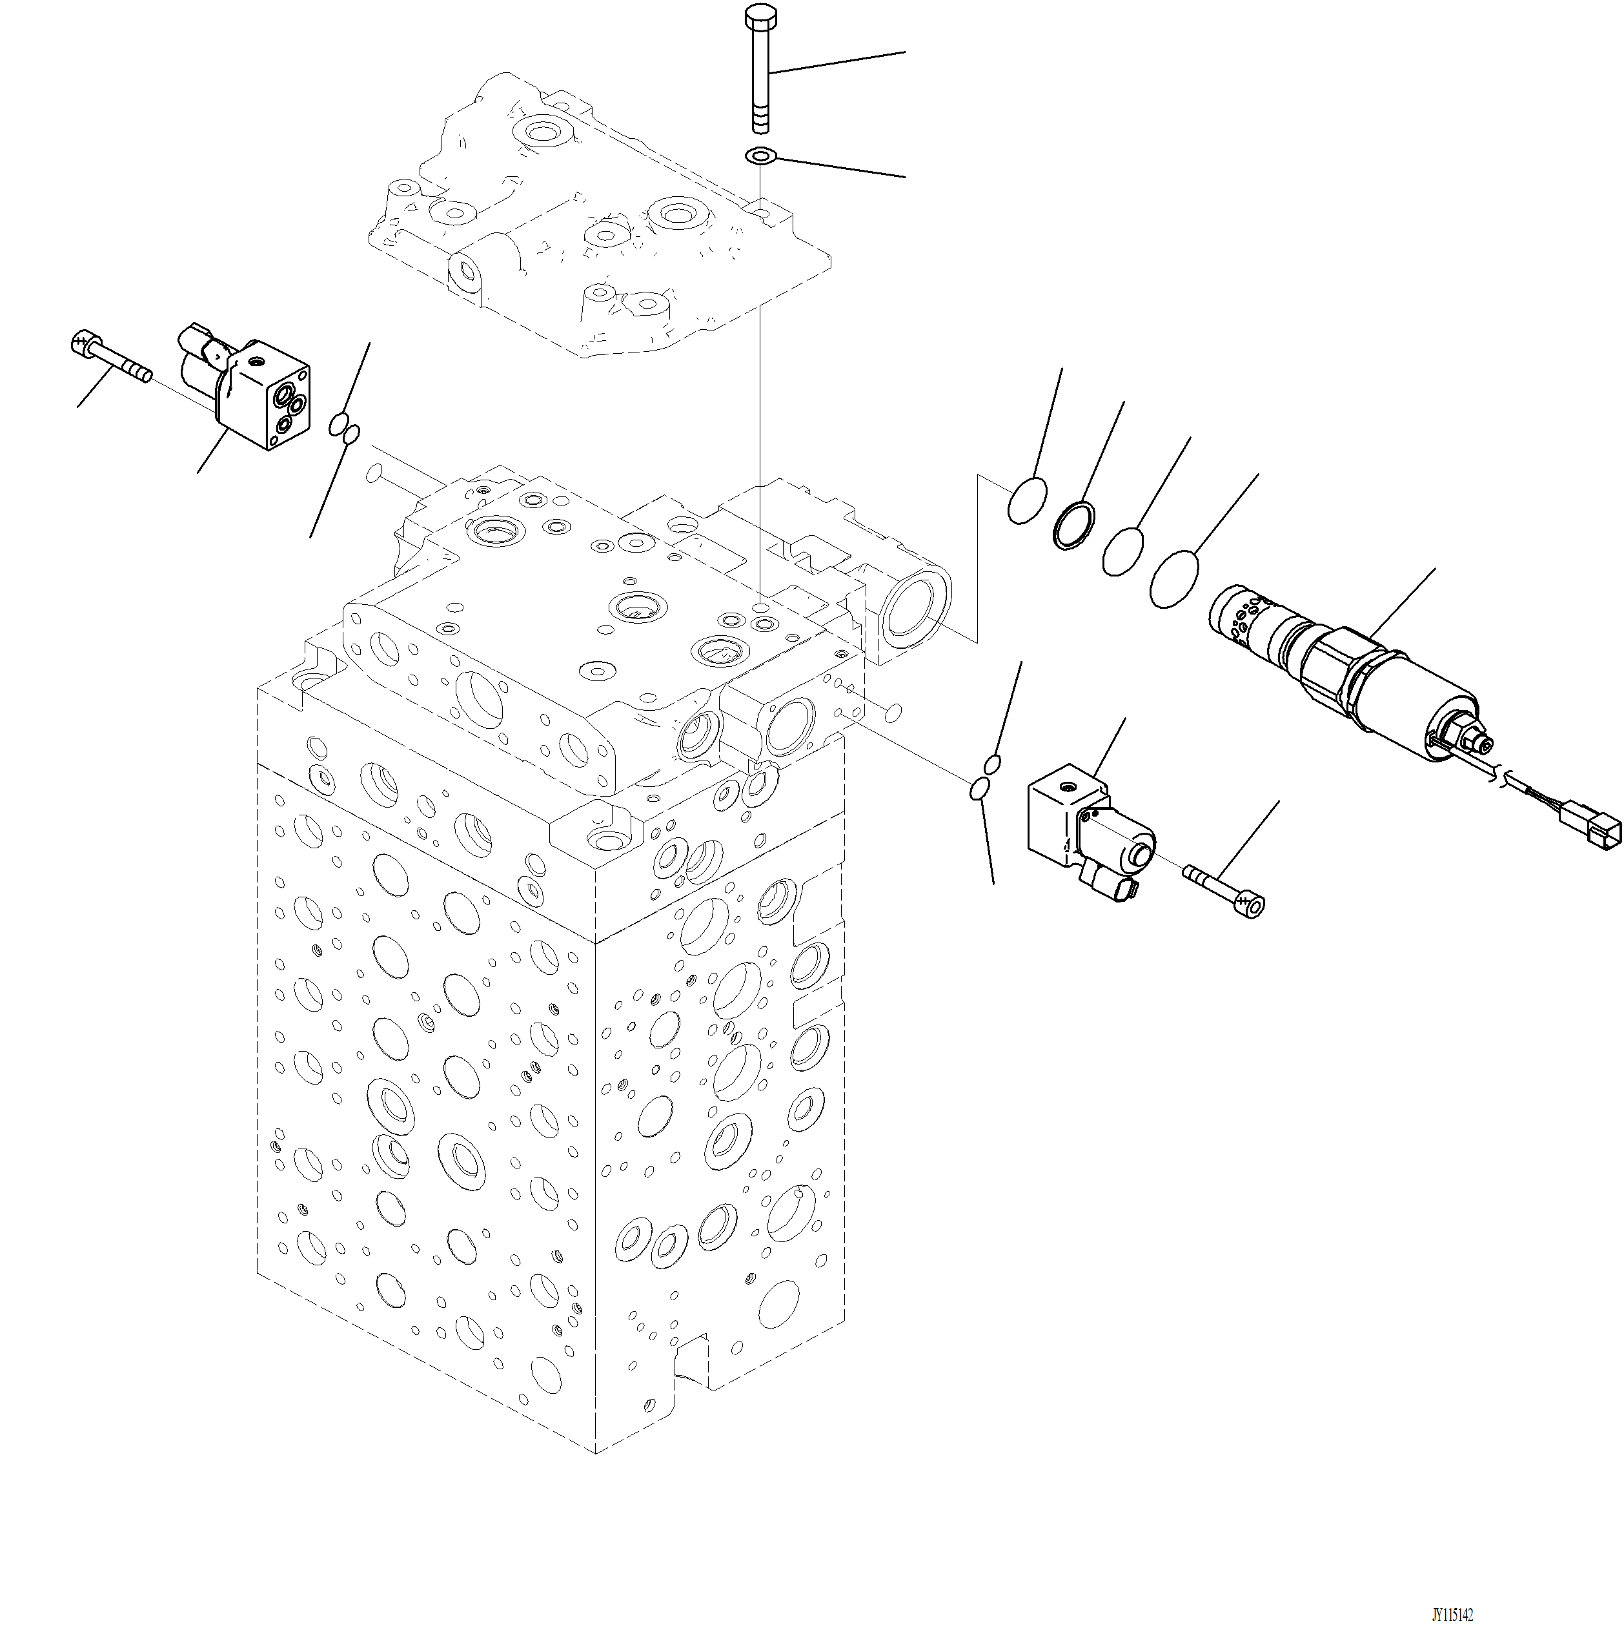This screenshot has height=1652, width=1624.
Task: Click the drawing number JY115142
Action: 1452,1615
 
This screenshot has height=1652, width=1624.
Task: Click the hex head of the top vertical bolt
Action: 759,17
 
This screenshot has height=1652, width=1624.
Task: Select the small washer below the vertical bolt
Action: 759,156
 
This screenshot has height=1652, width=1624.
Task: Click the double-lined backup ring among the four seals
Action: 1075,525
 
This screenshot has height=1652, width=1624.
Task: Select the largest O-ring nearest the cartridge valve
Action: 1173,579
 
